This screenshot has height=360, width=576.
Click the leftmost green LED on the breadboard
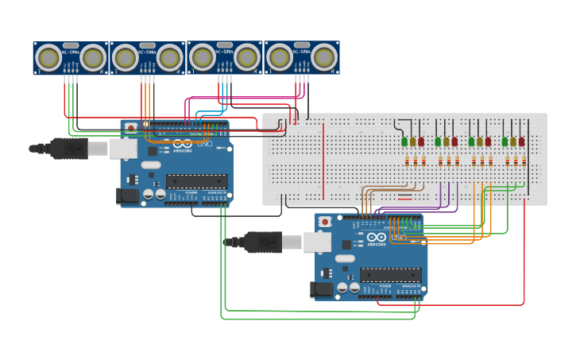coord(404,141)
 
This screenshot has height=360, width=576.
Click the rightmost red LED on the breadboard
coord(521,141)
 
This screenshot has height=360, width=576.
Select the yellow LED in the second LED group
coord(446,141)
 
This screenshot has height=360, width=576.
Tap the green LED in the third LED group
coord(471,141)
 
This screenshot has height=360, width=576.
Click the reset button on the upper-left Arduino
coord(130,126)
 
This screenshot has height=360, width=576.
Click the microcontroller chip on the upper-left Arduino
coord(196,181)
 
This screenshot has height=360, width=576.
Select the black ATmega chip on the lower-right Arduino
coord(391,275)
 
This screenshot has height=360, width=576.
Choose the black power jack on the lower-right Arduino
coord(322,289)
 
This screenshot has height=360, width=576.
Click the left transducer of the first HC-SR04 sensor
coord(48,57)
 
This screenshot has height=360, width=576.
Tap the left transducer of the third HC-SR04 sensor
coord(202,57)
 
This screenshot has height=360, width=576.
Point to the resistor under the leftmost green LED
coord(407,161)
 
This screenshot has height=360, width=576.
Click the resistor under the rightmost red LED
coord(524,161)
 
